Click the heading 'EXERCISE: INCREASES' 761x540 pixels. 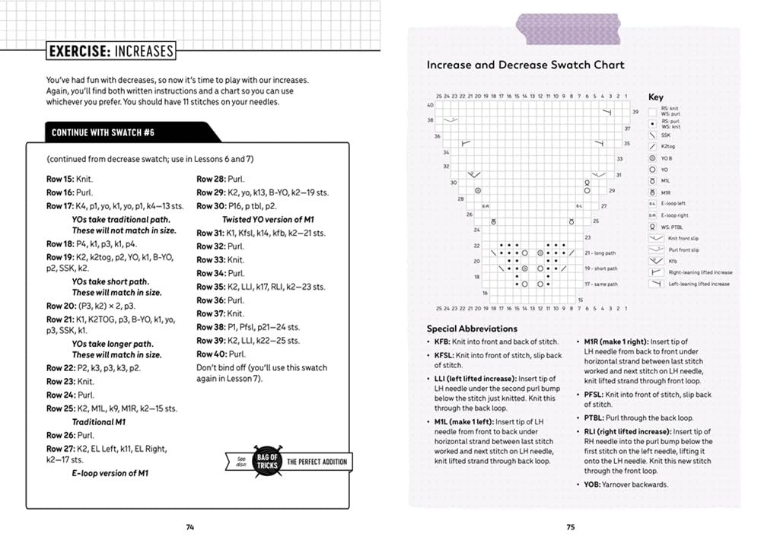tap(110, 52)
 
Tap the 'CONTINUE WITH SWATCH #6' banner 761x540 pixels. tap(103, 132)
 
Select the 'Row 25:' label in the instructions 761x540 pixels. tap(59, 408)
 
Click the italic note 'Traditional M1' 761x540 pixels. tap(99, 421)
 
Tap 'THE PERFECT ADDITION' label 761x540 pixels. tap(317, 462)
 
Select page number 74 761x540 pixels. tap(190, 526)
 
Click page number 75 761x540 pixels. tap(570, 526)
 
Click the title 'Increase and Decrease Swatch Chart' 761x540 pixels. tap(525, 65)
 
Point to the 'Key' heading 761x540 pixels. tap(655, 97)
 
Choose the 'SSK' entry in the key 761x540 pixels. tap(666, 135)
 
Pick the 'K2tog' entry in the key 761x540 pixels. tap(668, 146)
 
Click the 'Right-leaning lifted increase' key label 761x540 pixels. tap(700, 272)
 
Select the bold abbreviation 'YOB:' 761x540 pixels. tap(594, 484)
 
